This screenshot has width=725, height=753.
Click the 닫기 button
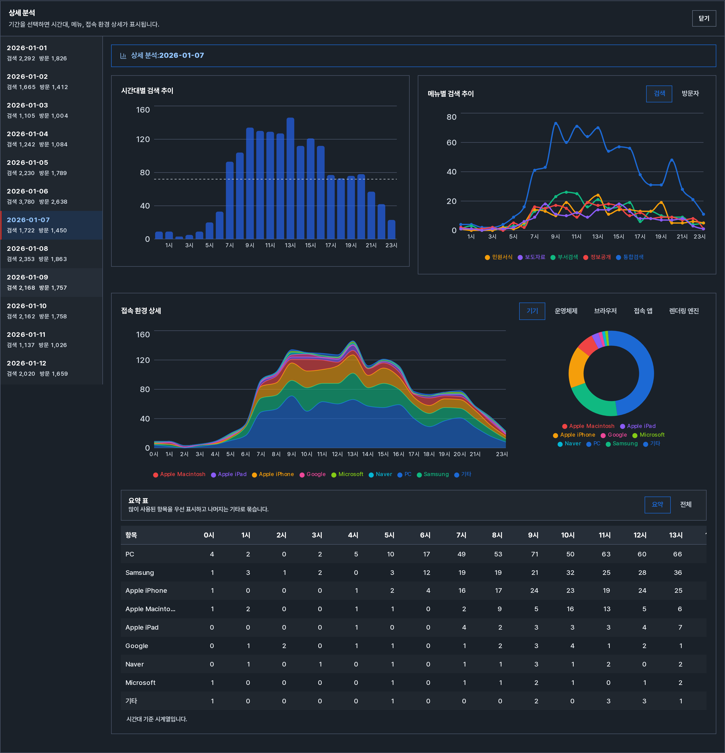(x=703, y=18)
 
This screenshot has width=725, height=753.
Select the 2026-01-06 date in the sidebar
(x=51, y=196)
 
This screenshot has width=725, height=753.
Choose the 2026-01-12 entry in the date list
(x=51, y=368)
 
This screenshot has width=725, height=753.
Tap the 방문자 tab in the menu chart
(x=690, y=94)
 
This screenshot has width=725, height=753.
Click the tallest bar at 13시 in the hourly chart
(x=291, y=178)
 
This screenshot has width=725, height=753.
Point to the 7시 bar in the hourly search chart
(x=230, y=200)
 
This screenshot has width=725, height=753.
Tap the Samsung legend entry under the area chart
(x=433, y=475)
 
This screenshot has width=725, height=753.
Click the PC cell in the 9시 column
(x=535, y=554)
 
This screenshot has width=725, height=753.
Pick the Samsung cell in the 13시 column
(x=678, y=573)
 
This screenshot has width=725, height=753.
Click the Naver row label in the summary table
(x=134, y=664)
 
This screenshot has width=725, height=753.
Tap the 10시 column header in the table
(x=568, y=535)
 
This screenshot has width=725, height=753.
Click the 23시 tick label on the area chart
(x=502, y=454)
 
